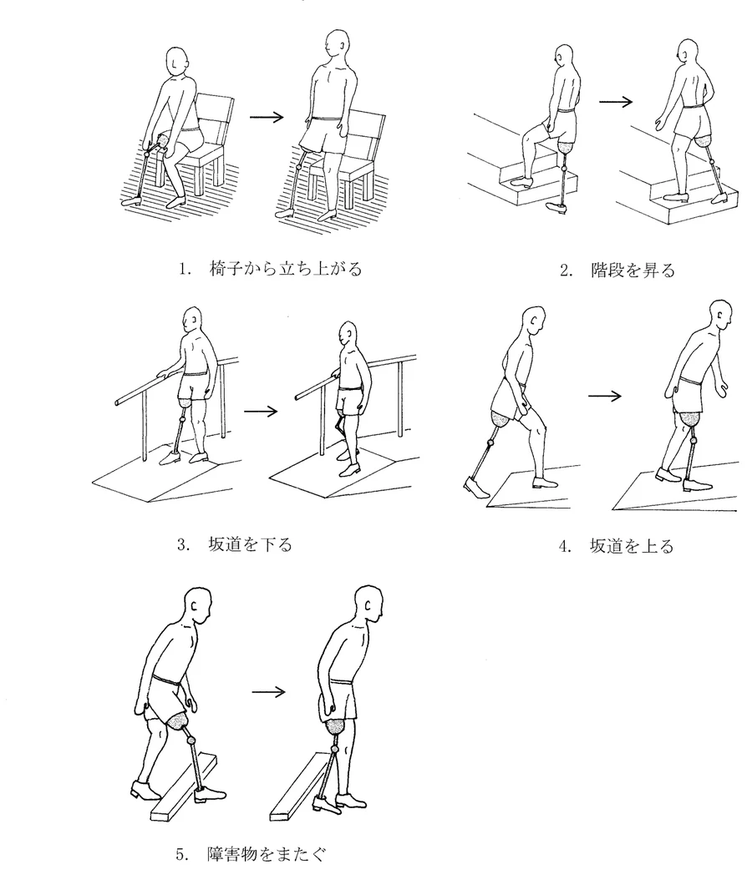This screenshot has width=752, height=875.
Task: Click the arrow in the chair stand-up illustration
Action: pyautogui.click(x=267, y=117)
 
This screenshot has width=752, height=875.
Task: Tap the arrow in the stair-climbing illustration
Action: pyautogui.click(x=615, y=102)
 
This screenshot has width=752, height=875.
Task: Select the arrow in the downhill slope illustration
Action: pyautogui.click(x=261, y=412)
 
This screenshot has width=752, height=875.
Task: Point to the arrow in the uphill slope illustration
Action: pyautogui.click(x=605, y=397)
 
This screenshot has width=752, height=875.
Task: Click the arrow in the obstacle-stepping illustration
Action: pyautogui.click(x=268, y=692)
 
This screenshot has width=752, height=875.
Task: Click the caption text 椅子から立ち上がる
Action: pyautogui.click(x=286, y=269)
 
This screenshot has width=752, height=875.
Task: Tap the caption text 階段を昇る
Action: pyautogui.click(x=633, y=271)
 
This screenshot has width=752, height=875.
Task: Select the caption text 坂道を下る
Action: pyautogui.click(x=250, y=544)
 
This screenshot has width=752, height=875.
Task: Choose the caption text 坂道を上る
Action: pyautogui.click(x=632, y=546)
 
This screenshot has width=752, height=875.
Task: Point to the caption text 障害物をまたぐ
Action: pyautogui.click(x=266, y=854)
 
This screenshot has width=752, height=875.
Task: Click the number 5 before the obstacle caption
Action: pyautogui.click(x=180, y=854)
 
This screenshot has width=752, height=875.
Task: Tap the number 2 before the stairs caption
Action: pyautogui.click(x=565, y=271)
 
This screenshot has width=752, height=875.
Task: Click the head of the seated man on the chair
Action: pyautogui.click(x=180, y=62)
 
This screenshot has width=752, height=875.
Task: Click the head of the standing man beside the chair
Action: pyautogui.click(x=337, y=45)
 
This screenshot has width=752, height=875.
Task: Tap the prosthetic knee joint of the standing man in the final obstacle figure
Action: pyautogui.click(x=335, y=749)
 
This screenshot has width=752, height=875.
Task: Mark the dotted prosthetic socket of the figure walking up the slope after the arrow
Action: pyautogui.click(x=692, y=418)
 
